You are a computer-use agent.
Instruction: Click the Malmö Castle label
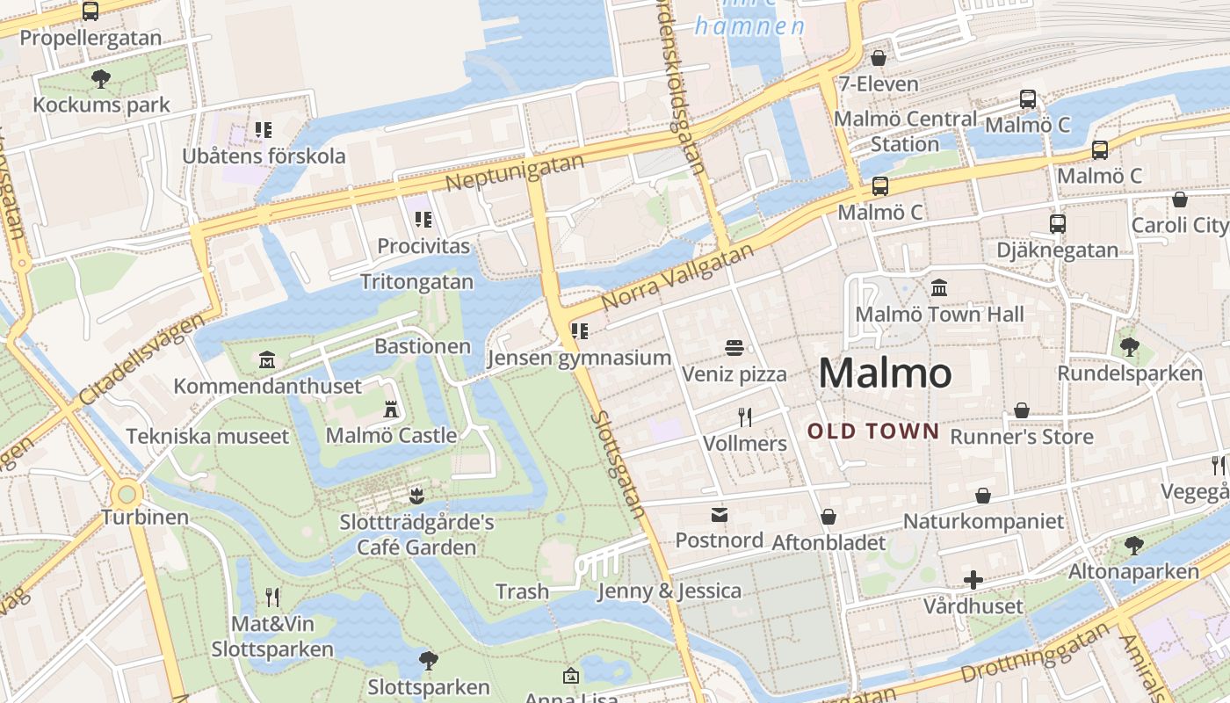(391, 435)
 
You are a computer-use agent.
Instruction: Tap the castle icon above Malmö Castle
(391, 409)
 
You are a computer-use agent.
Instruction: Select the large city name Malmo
(885, 373)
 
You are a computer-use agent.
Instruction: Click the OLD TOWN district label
(873, 431)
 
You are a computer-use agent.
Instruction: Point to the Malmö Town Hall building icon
(939, 288)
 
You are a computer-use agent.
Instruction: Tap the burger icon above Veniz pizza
(734, 348)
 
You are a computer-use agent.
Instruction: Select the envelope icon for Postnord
(720, 514)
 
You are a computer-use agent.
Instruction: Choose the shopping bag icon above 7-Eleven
(878, 59)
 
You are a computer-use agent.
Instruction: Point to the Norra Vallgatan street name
(677, 278)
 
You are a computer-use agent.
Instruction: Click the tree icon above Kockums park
(101, 79)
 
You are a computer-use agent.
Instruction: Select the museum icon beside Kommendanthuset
(267, 360)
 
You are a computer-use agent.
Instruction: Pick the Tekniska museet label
(207, 437)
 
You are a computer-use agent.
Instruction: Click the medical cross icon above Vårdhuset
(973, 580)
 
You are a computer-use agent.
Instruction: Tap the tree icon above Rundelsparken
(1129, 347)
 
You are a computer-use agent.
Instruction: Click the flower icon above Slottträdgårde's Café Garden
(416, 496)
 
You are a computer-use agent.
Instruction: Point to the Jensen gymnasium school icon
(579, 332)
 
